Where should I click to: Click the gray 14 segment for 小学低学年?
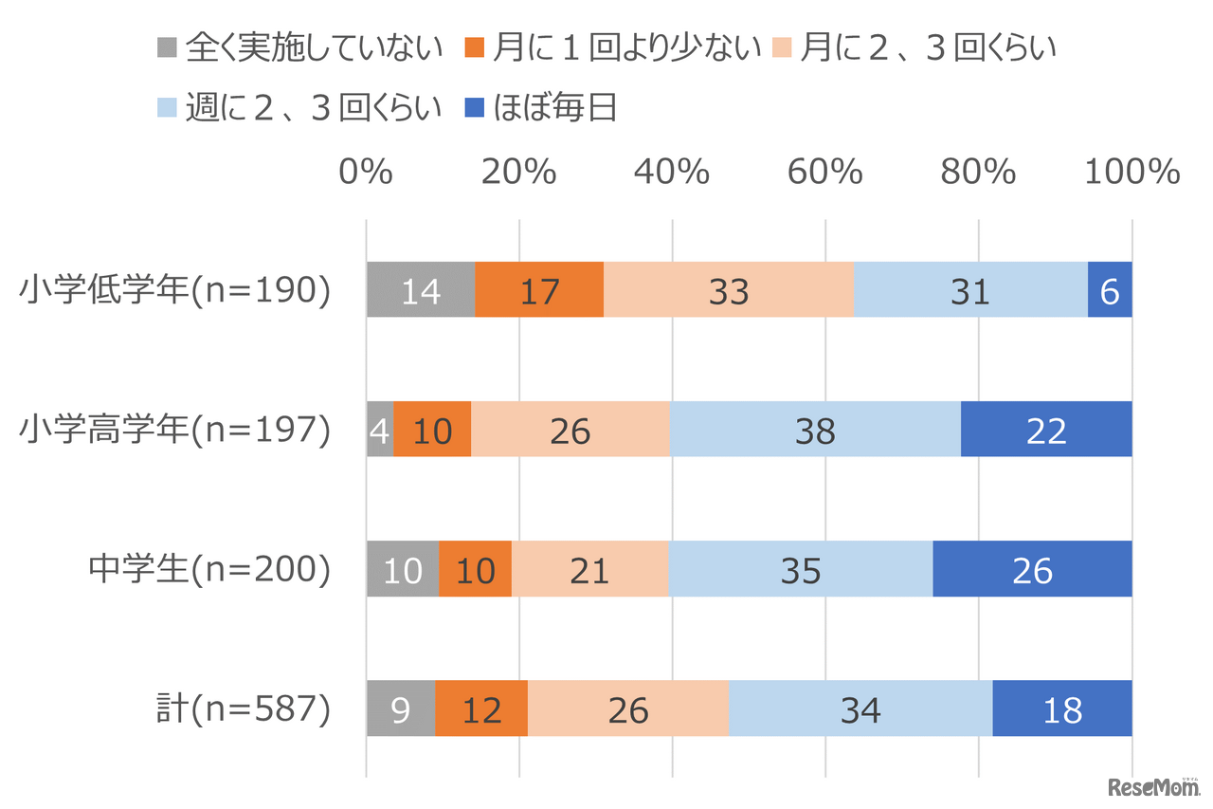point(421,289)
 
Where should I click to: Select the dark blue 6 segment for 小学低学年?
point(1110,289)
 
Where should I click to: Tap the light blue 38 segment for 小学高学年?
point(815,430)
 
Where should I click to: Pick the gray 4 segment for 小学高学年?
point(380,430)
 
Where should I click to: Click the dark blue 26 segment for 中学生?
point(1032,569)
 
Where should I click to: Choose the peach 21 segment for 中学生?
point(589,569)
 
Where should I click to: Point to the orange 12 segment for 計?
point(481,708)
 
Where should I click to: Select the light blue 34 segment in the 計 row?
point(860,708)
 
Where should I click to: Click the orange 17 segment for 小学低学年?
point(539,289)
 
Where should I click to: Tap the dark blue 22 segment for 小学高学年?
point(1046,430)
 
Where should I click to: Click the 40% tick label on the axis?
point(673,172)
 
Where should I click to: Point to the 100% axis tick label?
point(1132,172)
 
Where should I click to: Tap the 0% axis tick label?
point(366,172)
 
